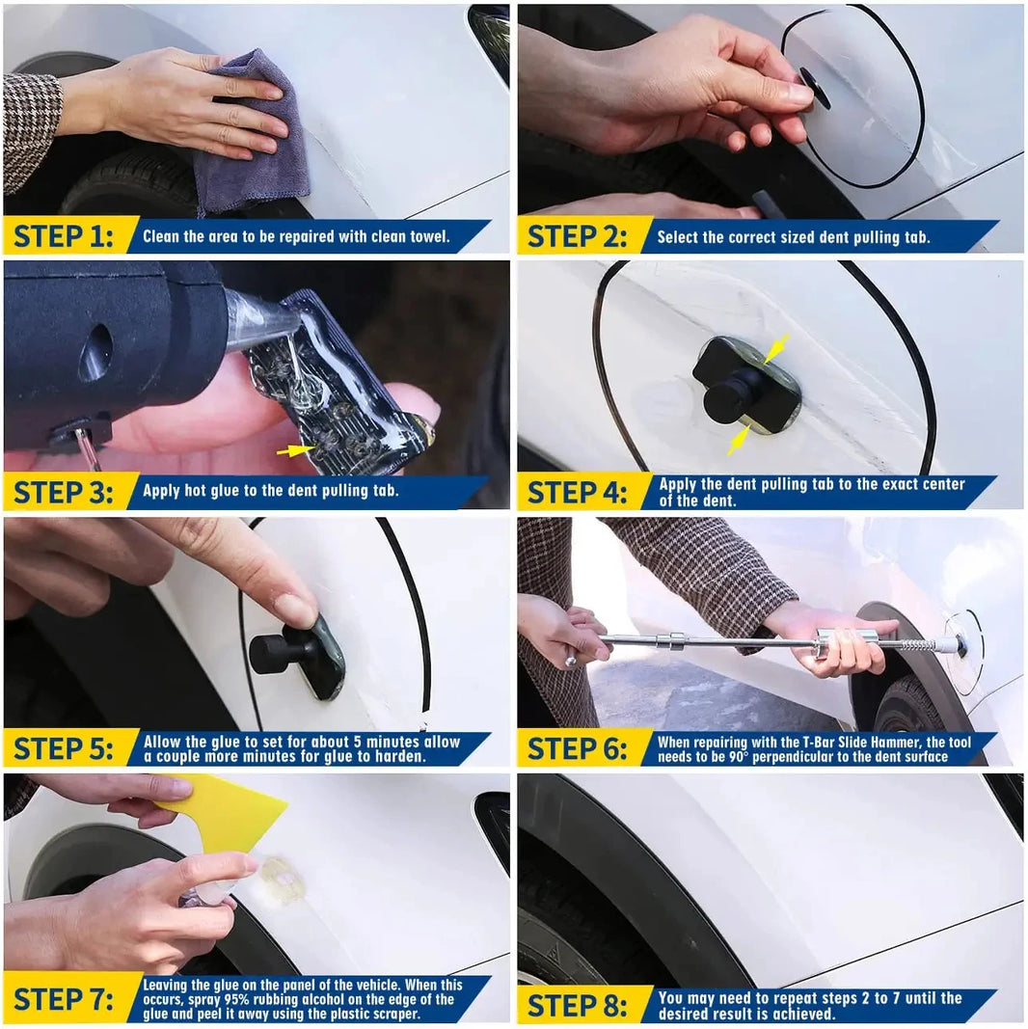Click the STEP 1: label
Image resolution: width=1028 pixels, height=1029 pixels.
[63, 235]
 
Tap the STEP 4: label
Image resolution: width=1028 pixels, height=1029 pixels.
[577, 492]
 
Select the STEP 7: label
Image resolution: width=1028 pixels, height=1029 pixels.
[63, 999]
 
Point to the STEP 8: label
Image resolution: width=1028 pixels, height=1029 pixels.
[577, 1005]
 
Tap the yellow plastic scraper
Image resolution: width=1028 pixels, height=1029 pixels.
[227, 816]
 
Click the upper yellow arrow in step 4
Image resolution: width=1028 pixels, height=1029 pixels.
[777, 350]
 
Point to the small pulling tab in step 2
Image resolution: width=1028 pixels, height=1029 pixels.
[815, 88]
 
